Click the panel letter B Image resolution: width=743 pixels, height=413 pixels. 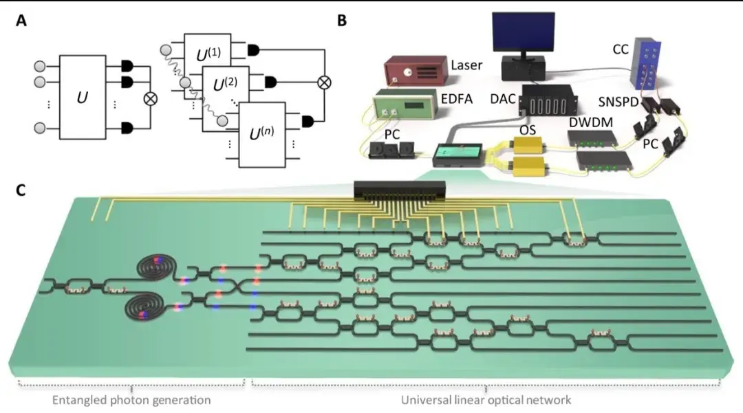341,21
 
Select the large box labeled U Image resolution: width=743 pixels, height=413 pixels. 82,98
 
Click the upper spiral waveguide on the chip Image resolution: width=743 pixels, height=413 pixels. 154,266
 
